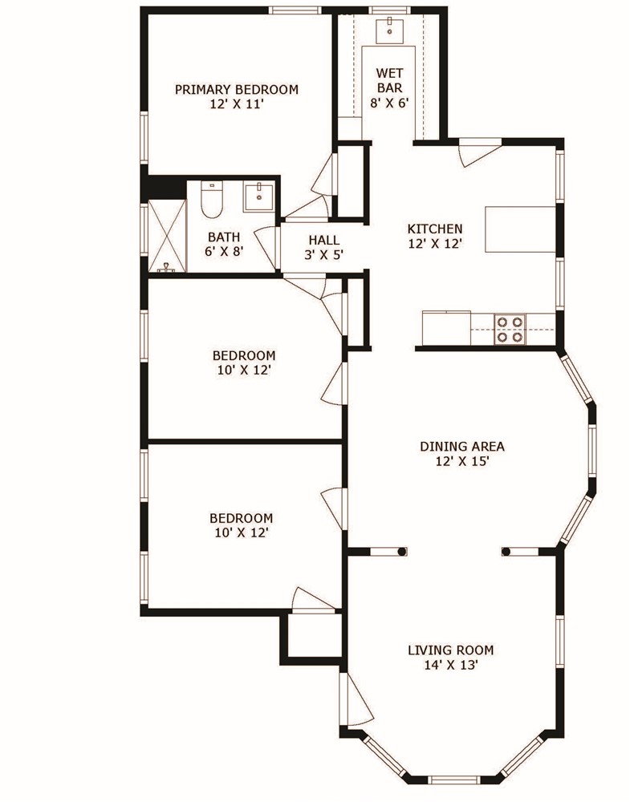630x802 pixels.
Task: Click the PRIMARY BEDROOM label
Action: tap(236, 89)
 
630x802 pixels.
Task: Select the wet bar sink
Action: tap(389, 30)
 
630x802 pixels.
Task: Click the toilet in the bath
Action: tap(211, 200)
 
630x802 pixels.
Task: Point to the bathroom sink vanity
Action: tap(258, 196)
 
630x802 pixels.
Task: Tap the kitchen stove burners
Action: tap(510, 329)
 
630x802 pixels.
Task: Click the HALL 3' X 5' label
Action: tap(323, 247)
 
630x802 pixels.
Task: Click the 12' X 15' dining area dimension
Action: tap(461, 461)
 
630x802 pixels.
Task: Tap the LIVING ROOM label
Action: tap(450, 650)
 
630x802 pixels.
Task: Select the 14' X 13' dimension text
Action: tap(450, 665)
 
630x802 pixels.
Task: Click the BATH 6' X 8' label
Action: tap(225, 244)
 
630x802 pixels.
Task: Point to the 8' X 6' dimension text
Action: tap(389, 103)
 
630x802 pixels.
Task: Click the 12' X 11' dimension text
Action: tap(236, 104)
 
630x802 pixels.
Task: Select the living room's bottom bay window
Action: tap(454, 778)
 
